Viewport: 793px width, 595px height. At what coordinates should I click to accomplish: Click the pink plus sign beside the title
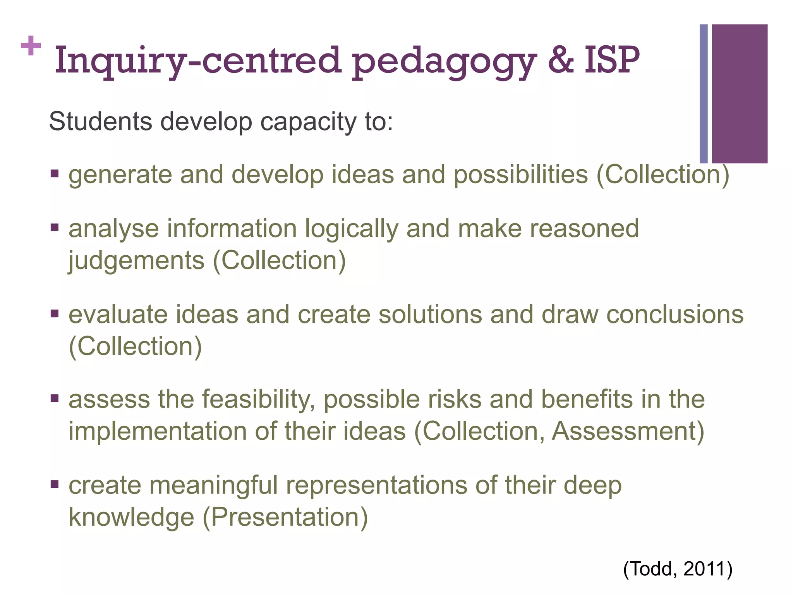31,46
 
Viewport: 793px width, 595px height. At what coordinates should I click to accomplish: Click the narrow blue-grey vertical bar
704,94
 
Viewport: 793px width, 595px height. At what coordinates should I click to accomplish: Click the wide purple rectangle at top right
740,94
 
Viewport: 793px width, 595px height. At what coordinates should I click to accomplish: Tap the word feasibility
258,400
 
